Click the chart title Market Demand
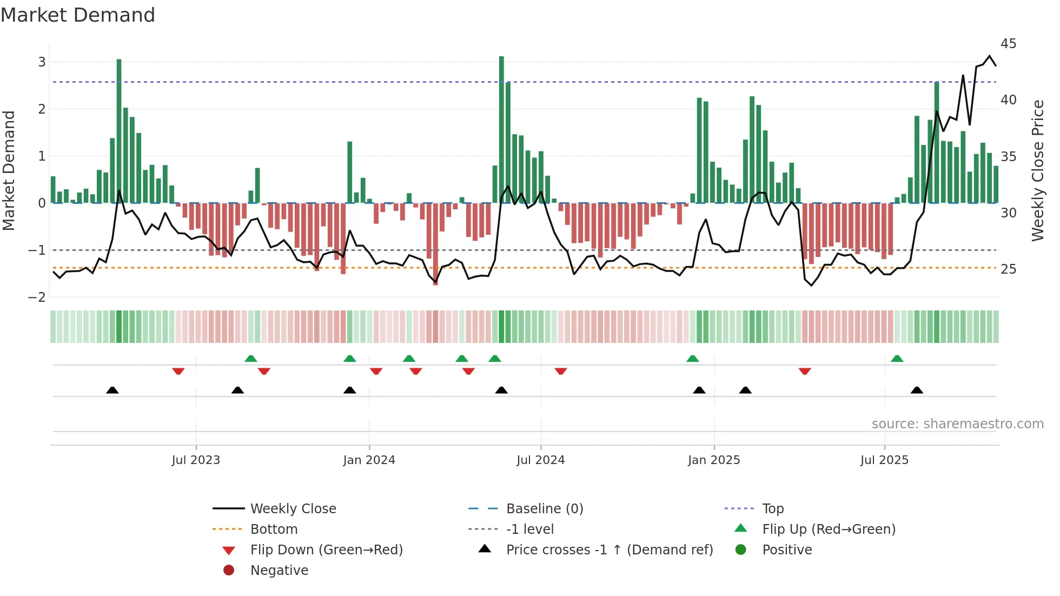tap(78, 15)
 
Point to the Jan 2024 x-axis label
tap(369, 460)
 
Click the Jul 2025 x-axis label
tap(884, 460)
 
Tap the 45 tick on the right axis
tap(1008, 44)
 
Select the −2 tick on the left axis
tap(37, 297)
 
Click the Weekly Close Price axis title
tap(1037, 170)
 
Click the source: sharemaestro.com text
tap(957, 424)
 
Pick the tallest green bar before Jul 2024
tap(501, 130)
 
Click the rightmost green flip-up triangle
tap(897, 359)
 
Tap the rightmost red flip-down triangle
tap(804, 372)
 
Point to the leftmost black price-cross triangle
tap(112, 390)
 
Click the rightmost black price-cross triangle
tap(917, 390)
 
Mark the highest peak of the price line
tap(990, 56)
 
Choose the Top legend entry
tap(772, 509)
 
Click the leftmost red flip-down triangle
tap(178, 372)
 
